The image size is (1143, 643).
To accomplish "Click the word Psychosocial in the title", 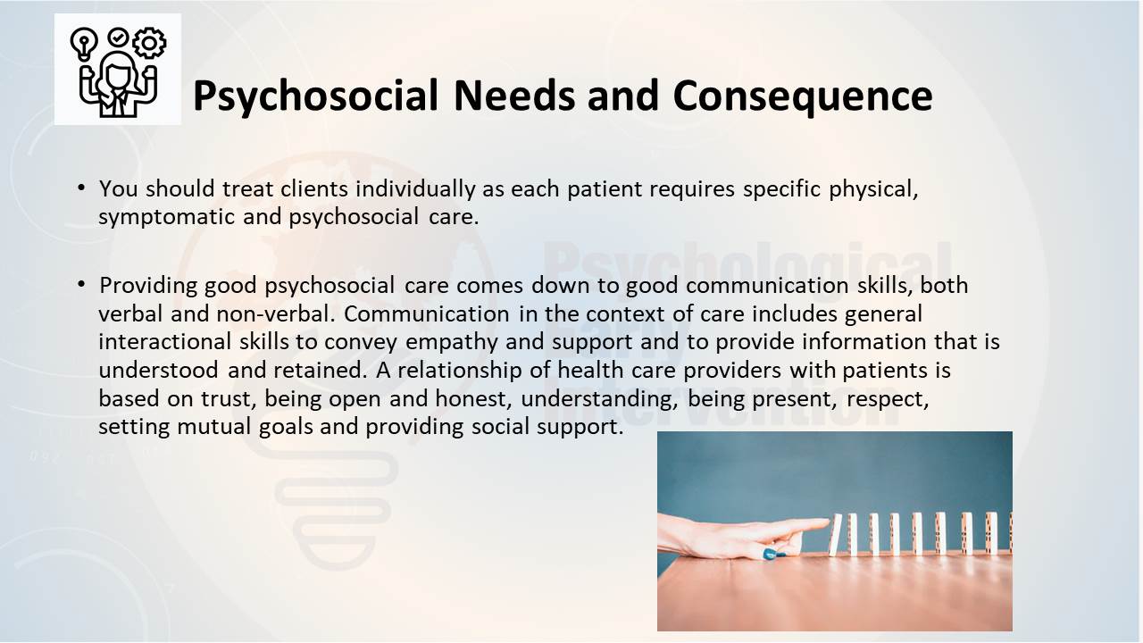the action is [x=315, y=96].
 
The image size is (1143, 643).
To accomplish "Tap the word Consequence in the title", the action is [x=803, y=96].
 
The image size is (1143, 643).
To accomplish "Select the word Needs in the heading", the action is [x=514, y=95].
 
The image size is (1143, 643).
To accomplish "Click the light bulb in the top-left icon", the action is [x=84, y=44].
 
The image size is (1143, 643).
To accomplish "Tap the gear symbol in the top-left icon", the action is [x=149, y=42].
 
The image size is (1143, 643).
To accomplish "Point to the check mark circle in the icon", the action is [x=118, y=38].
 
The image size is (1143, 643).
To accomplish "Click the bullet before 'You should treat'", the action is [x=81, y=188].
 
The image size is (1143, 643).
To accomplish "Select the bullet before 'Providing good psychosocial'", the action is [x=81, y=284].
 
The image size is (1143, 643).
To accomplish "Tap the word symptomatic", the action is [x=166, y=217].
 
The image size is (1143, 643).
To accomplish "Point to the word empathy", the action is [x=451, y=342].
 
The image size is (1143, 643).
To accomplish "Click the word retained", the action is [x=320, y=370].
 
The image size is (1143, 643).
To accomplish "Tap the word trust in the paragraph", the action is [x=228, y=399].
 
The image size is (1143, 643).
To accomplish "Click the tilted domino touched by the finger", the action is [x=835, y=535].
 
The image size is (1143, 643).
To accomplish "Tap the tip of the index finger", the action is [x=828, y=522].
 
